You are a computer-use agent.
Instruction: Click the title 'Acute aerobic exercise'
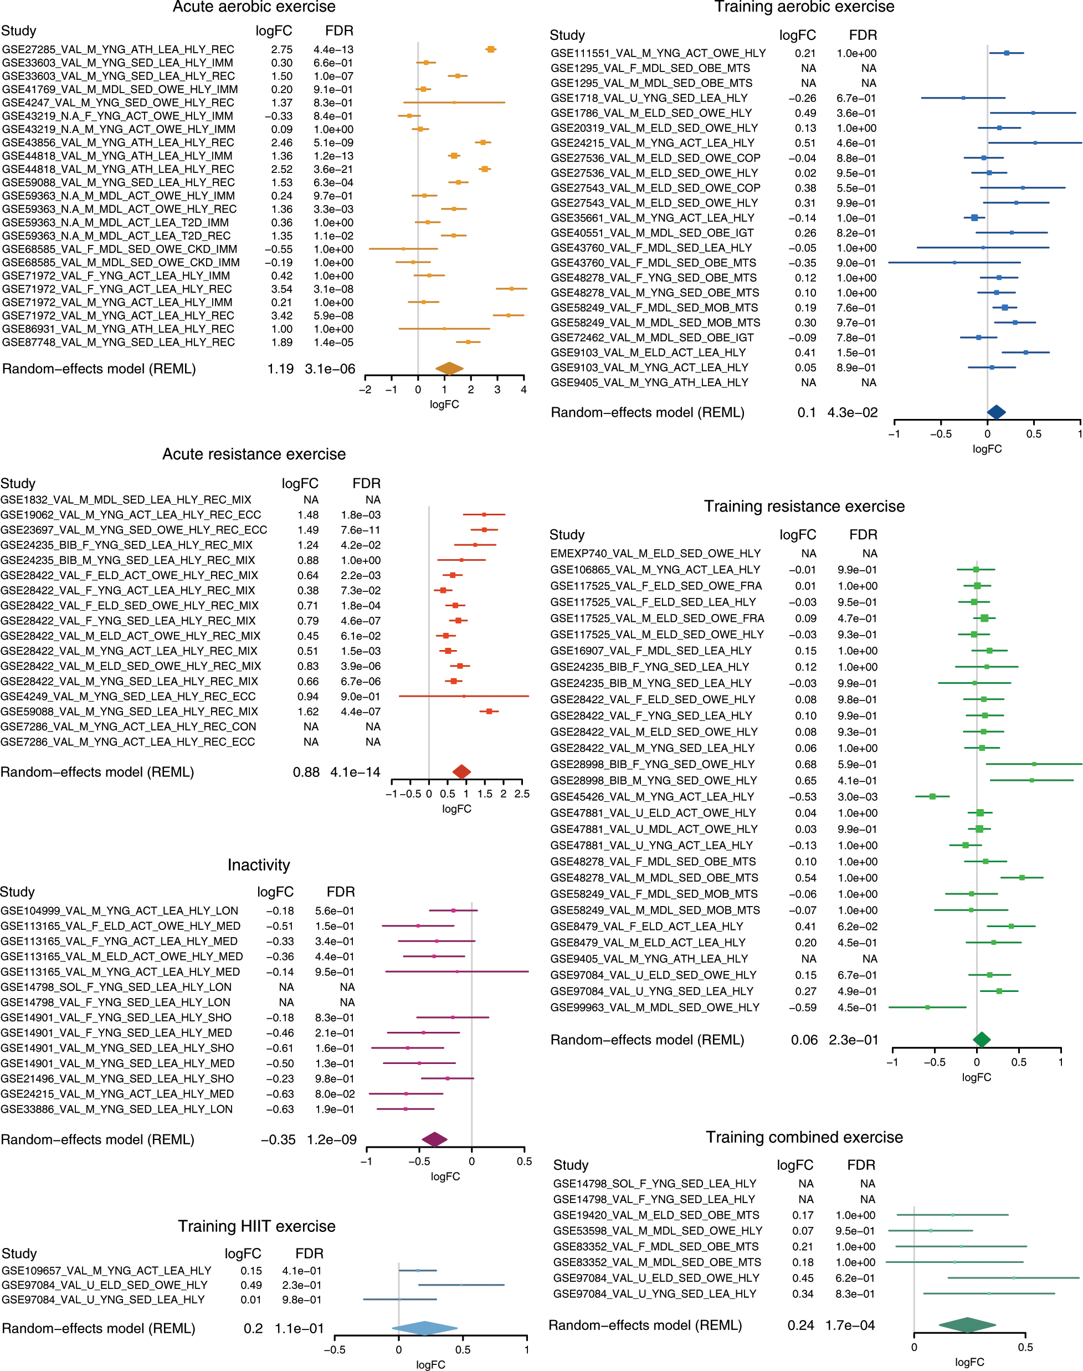click(254, 7)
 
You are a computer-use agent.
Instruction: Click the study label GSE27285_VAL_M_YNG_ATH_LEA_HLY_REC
click(118, 49)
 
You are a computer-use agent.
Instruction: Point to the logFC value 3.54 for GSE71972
click(281, 289)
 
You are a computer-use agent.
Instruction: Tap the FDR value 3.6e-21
click(333, 170)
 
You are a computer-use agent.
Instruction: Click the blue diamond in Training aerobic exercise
click(996, 412)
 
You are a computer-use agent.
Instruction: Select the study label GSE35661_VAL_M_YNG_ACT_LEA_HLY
click(653, 217)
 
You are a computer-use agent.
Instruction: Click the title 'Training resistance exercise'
click(804, 506)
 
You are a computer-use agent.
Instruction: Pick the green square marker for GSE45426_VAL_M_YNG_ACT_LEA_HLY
click(932, 796)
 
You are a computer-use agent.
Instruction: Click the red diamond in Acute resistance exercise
click(461, 772)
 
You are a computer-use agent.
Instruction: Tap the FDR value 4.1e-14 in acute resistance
click(355, 772)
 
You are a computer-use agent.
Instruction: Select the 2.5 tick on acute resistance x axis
click(522, 794)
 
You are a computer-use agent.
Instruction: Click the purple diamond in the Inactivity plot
click(434, 1139)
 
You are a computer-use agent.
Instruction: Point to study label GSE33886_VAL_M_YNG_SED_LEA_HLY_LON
click(117, 1109)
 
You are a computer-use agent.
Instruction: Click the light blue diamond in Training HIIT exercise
click(424, 1328)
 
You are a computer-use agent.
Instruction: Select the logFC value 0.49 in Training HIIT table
click(251, 1285)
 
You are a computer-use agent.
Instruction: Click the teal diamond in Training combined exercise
click(967, 1324)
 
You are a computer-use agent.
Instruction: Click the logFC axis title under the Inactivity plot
click(445, 1176)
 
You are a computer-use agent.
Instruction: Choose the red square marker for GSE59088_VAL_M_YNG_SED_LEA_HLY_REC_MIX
click(489, 712)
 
